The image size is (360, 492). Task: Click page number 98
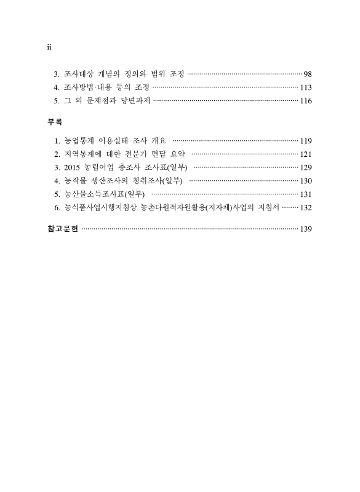point(308,74)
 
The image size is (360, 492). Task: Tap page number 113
point(306,87)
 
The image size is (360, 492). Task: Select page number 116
point(306,101)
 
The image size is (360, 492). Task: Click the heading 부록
point(55,122)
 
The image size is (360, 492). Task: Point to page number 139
point(306,229)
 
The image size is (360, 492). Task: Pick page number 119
point(306,141)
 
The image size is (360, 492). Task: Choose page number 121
point(306,154)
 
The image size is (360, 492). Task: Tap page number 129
point(306,167)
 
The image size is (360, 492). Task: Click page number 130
point(306,181)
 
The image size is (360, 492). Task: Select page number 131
point(306,194)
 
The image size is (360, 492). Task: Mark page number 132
point(306,208)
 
